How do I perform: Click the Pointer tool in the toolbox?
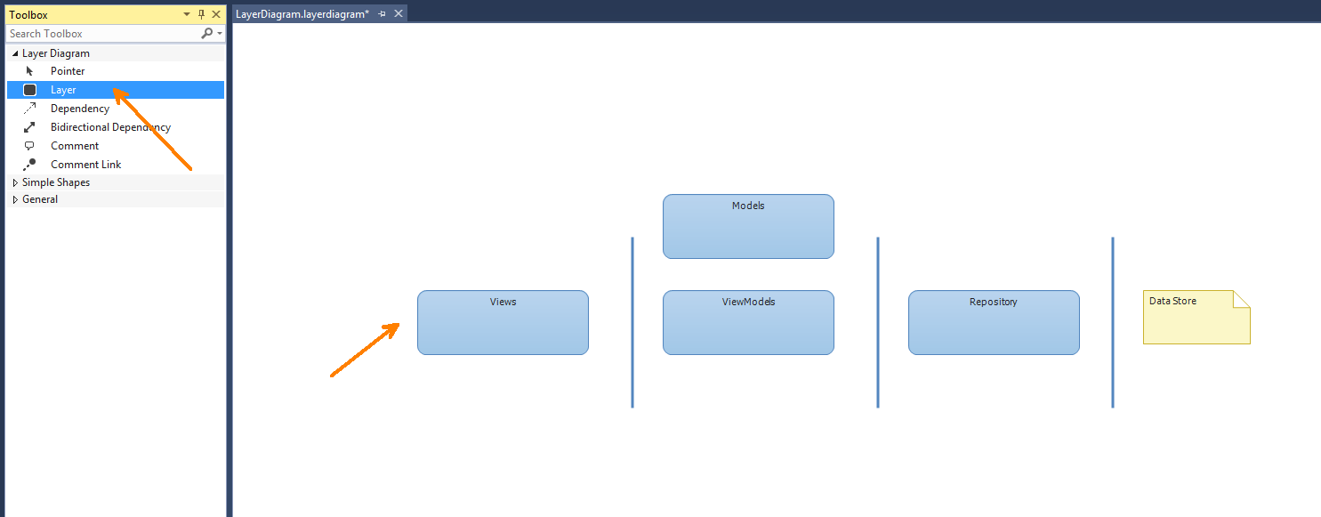pos(68,71)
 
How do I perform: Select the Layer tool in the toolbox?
pos(63,90)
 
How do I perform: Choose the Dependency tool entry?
pos(79,109)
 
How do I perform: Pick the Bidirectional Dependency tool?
pos(110,127)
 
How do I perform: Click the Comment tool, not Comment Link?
pos(75,146)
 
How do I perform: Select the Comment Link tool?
pos(85,164)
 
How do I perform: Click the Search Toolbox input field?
pos(103,34)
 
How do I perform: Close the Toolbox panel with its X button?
pos(216,14)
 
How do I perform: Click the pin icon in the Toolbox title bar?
pos(201,14)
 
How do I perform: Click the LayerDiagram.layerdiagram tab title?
pos(302,14)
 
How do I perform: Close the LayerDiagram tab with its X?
pos(399,13)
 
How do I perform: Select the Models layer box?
pos(748,227)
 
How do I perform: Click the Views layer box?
pos(503,322)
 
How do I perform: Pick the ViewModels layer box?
pos(748,322)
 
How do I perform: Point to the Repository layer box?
pos(994,322)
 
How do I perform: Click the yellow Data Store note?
pos(1196,317)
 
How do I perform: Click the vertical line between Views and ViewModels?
pos(632,322)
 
